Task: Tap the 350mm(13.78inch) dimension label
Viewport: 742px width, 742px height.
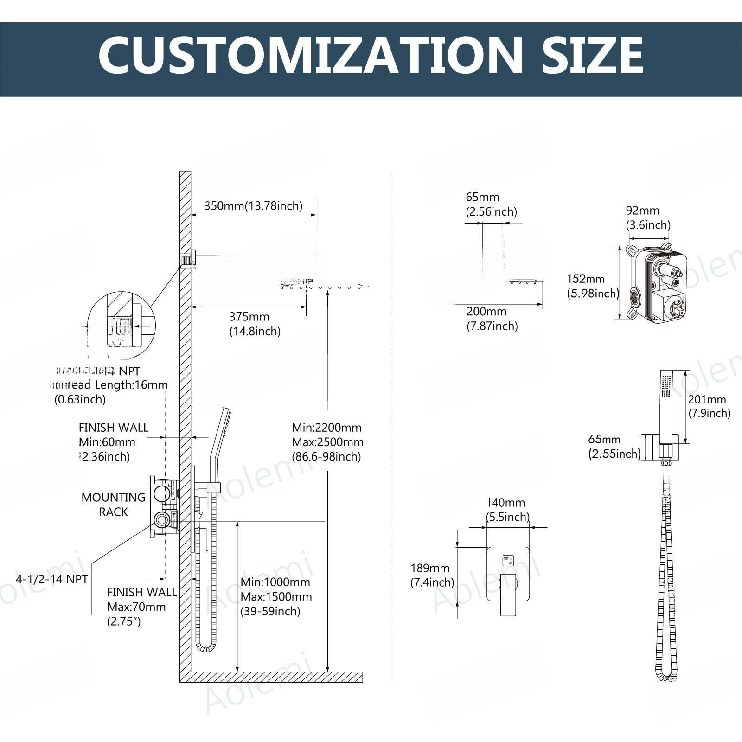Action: click(253, 205)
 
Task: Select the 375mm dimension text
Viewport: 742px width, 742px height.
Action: click(249, 317)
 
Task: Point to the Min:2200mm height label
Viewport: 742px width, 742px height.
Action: click(326, 427)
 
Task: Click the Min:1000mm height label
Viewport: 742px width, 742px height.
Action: click(275, 582)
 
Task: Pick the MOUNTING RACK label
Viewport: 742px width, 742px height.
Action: click(113, 505)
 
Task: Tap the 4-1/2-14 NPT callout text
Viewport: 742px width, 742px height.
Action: click(51, 579)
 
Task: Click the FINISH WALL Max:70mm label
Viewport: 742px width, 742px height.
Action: click(141, 607)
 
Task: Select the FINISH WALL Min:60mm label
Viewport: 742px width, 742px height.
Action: click(113, 441)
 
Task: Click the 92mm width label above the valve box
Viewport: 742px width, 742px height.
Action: click(642, 211)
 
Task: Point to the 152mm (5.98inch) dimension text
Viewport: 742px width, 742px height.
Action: click(593, 286)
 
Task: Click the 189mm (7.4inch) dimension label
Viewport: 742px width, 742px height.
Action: click(432, 575)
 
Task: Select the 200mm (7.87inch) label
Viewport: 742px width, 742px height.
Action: click(492, 319)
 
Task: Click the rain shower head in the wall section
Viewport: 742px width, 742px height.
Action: click(325, 286)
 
